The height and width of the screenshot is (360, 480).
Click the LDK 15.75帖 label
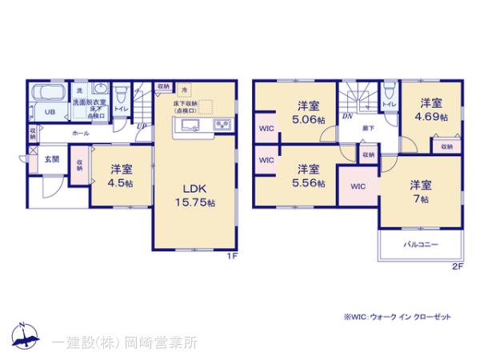coord(195,195)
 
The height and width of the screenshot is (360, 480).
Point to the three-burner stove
coord(222,125)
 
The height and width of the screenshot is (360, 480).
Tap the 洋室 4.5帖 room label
coord(122,175)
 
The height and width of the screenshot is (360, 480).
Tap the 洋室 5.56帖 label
coord(309,175)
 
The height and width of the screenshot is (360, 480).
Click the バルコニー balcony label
coord(421,245)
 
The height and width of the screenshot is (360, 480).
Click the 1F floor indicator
coord(230,258)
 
